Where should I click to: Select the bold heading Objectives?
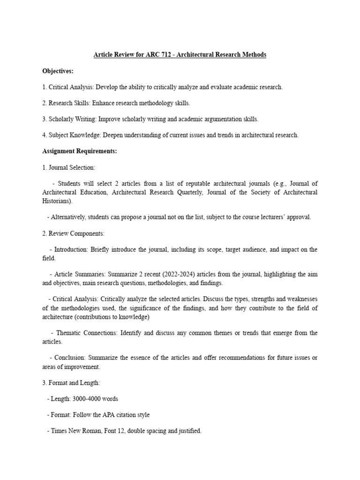pos(58,71)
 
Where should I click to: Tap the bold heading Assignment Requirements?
pos(80,151)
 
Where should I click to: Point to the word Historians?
pos(57,201)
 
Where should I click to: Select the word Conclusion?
pos(70,358)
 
